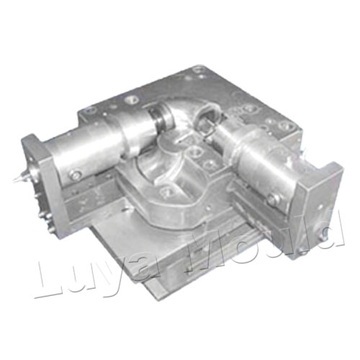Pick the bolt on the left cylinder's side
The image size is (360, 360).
76,174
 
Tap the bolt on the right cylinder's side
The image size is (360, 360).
274,199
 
